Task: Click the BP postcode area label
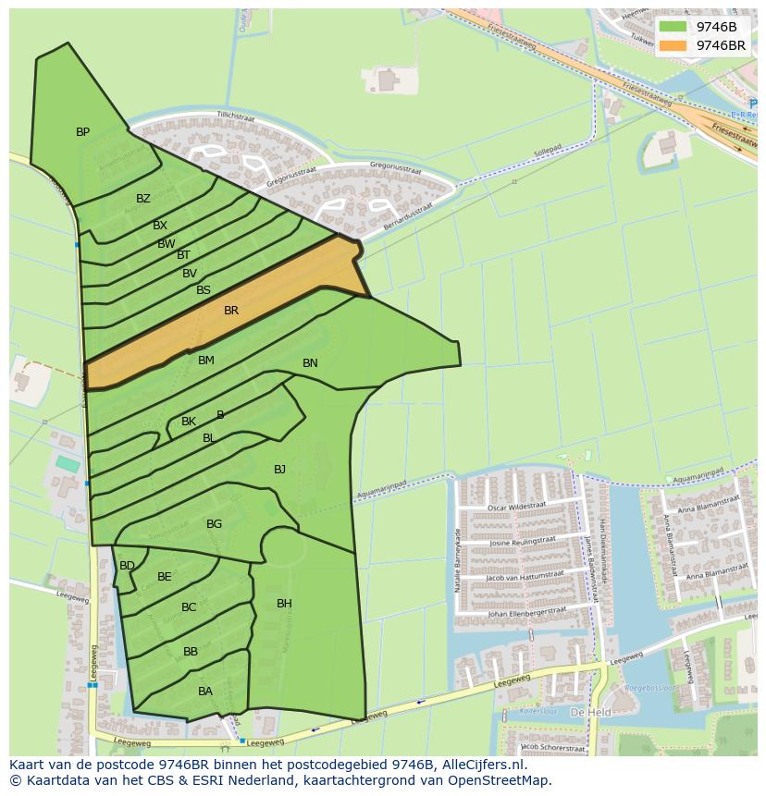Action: [x=82, y=132]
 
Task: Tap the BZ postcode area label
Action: [x=142, y=199]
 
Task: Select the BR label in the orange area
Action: [x=231, y=311]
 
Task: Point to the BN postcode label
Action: [x=310, y=363]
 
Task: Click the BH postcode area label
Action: [x=284, y=604]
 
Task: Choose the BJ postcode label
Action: [x=279, y=470]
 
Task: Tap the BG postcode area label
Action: [x=214, y=524]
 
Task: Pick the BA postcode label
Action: [x=205, y=692]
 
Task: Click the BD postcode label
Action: [x=127, y=566]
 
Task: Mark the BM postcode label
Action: [x=205, y=361]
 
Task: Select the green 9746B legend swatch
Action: [x=673, y=27]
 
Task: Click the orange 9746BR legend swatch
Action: [x=673, y=45]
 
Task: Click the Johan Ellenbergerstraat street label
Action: [x=525, y=612]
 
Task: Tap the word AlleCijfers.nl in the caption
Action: [x=480, y=765]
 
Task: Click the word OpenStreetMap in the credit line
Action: [x=503, y=780]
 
